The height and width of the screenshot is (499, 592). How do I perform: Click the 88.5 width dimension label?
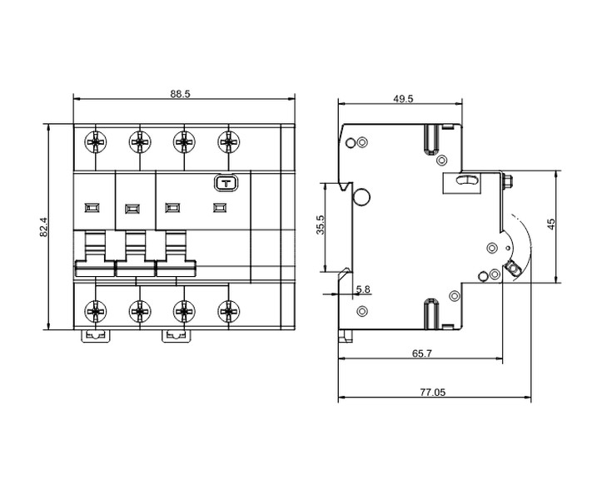(x=180, y=94)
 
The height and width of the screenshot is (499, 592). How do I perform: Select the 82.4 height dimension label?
(x=44, y=227)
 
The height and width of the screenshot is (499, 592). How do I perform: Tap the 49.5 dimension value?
(x=403, y=99)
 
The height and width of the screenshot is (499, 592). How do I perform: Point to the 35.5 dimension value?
(x=321, y=225)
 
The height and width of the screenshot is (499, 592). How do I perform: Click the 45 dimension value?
(x=551, y=224)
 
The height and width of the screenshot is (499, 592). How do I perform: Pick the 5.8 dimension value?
(x=363, y=289)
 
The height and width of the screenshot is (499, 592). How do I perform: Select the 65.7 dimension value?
(x=421, y=353)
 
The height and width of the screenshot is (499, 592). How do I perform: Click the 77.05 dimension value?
(x=433, y=393)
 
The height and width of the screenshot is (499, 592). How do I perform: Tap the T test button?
(x=226, y=184)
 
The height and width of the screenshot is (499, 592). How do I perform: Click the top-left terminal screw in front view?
(x=96, y=142)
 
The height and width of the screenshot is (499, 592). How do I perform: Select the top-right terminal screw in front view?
(x=228, y=142)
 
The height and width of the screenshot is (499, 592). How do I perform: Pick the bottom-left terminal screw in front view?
(x=96, y=311)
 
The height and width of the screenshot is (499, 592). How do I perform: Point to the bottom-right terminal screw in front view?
(x=228, y=311)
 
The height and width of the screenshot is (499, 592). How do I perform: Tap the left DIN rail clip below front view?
(x=96, y=336)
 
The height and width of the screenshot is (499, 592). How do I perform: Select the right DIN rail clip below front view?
(x=177, y=336)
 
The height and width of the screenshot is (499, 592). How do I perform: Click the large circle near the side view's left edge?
(x=361, y=197)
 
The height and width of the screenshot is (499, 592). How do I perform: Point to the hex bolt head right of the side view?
(x=508, y=180)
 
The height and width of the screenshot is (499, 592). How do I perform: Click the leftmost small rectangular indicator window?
(x=92, y=207)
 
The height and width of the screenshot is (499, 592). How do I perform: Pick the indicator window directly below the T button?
(x=220, y=207)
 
